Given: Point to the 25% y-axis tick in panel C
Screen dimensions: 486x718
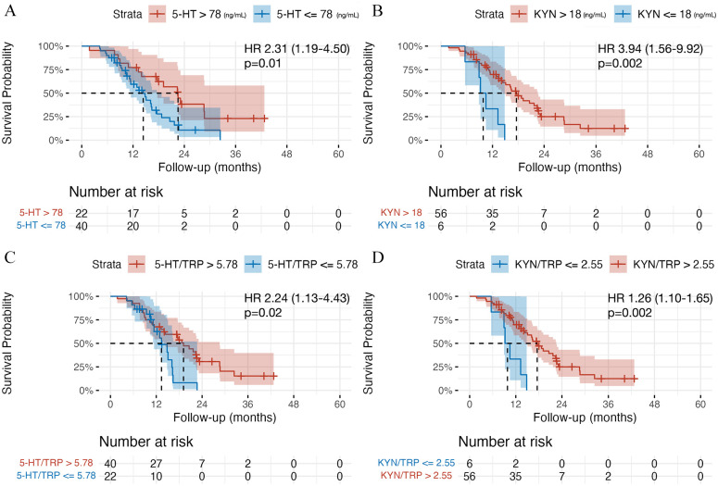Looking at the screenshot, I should click(85, 367).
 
